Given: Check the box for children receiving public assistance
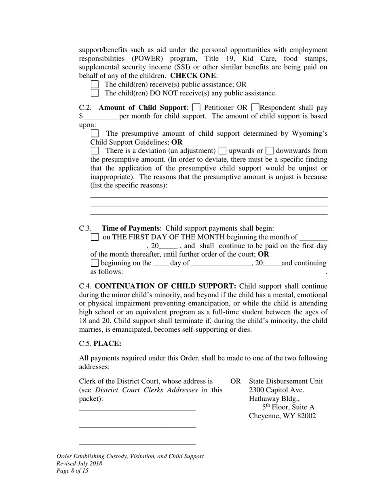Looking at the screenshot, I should click(95, 84).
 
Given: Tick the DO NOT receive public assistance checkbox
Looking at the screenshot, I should click(95, 93).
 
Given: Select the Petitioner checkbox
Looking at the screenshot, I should click(196, 108).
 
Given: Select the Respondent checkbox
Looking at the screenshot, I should click(255, 108).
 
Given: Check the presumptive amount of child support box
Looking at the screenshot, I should click(95, 133).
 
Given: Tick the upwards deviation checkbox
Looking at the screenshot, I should click(222, 151).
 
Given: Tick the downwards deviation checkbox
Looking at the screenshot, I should click(270, 151).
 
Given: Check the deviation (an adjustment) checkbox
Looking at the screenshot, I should click(95, 151).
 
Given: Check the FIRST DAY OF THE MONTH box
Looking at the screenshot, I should click(95, 237).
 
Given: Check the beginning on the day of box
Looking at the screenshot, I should click(95, 263).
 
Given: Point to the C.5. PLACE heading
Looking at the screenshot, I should click(100, 343).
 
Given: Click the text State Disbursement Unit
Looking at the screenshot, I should click(286, 381).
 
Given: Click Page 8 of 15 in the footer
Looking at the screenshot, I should click(72, 471).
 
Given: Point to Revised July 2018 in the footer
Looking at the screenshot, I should click(79, 463).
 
